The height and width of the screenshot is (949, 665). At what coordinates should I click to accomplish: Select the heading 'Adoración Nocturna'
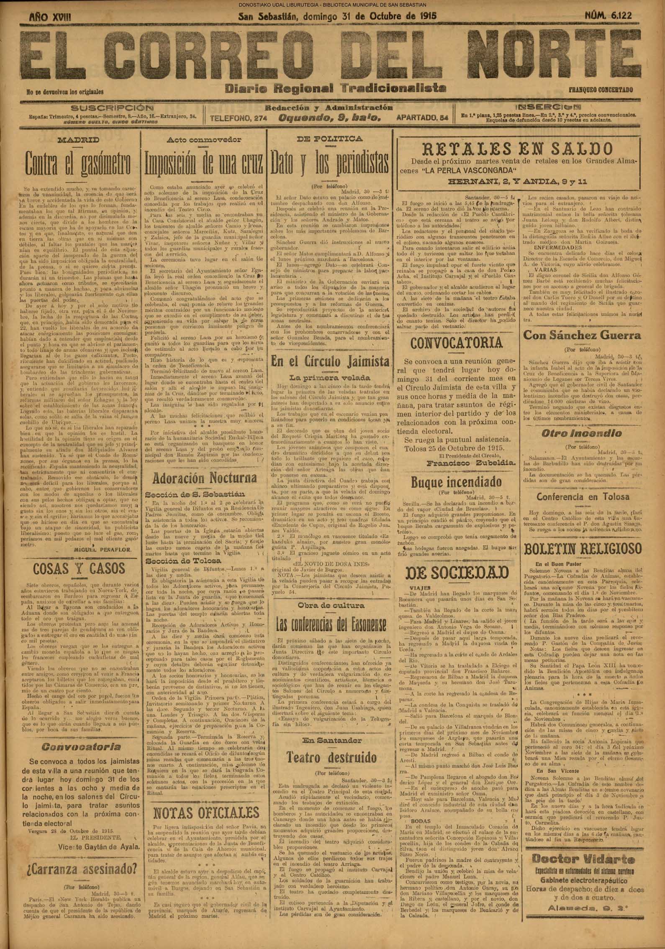coord(205,478)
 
